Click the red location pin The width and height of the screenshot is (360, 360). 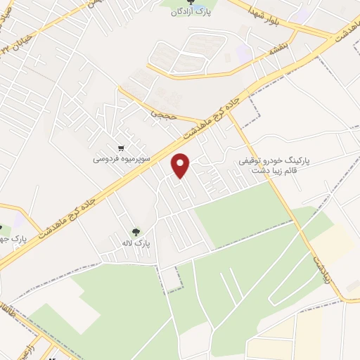click(x=181, y=165)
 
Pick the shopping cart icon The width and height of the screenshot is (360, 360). click(x=122, y=148)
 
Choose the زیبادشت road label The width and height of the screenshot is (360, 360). click(x=335, y=270)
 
